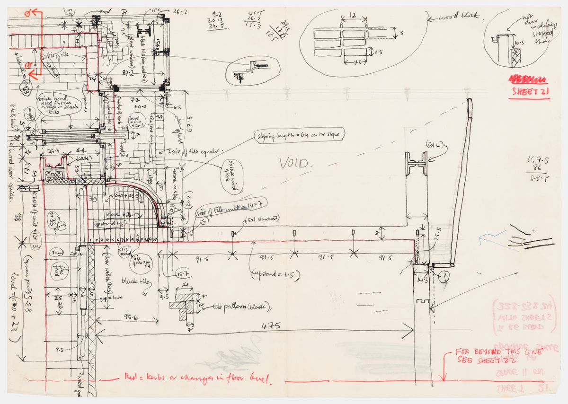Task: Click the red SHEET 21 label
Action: click(530, 92)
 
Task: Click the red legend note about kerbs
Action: click(198, 378)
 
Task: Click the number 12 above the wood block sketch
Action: click(353, 15)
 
